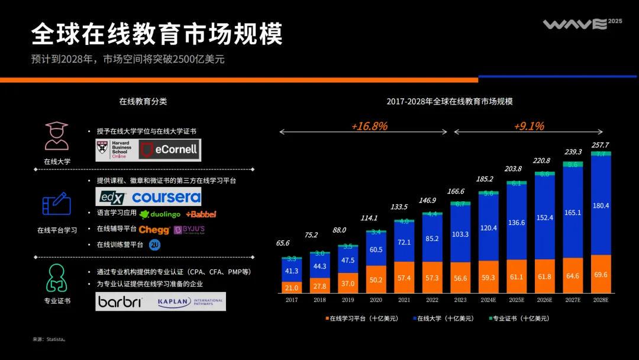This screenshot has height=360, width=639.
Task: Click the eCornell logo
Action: click(x=170, y=150)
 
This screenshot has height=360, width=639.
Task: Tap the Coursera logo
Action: click(x=166, y=197)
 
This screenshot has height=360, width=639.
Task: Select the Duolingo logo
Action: click(x=160, y=214)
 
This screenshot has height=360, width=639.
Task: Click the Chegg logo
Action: click(x=154, y=230)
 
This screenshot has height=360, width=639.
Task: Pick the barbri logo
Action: click(x=121, y=301)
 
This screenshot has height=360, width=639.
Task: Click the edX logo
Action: click(x=112, y=197)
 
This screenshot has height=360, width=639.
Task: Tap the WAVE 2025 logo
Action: click(x=582, y=24)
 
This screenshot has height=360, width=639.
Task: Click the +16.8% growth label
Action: click(x=369, y=126)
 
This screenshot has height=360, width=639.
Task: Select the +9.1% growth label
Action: click(x=528, y=126)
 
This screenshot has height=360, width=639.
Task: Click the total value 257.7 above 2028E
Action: click(x=600, y=145)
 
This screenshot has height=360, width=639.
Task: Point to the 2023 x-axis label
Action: click(x=460, y=300)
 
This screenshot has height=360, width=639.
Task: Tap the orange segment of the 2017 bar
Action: click(x=292, y=287)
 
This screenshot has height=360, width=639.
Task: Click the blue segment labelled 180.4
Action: click(x=601, y=205)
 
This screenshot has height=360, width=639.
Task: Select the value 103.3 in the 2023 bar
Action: click(x=460, y=234)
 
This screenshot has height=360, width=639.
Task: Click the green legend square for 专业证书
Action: click(x=490, y=319)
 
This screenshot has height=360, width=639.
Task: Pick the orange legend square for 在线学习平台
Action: click(x=327, y=319)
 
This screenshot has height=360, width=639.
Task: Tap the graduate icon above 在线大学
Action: click(x=57, y=136)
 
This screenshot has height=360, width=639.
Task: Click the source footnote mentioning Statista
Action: click(x=49, y=339)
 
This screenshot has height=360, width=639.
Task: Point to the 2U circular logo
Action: click(x=155, y=245)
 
